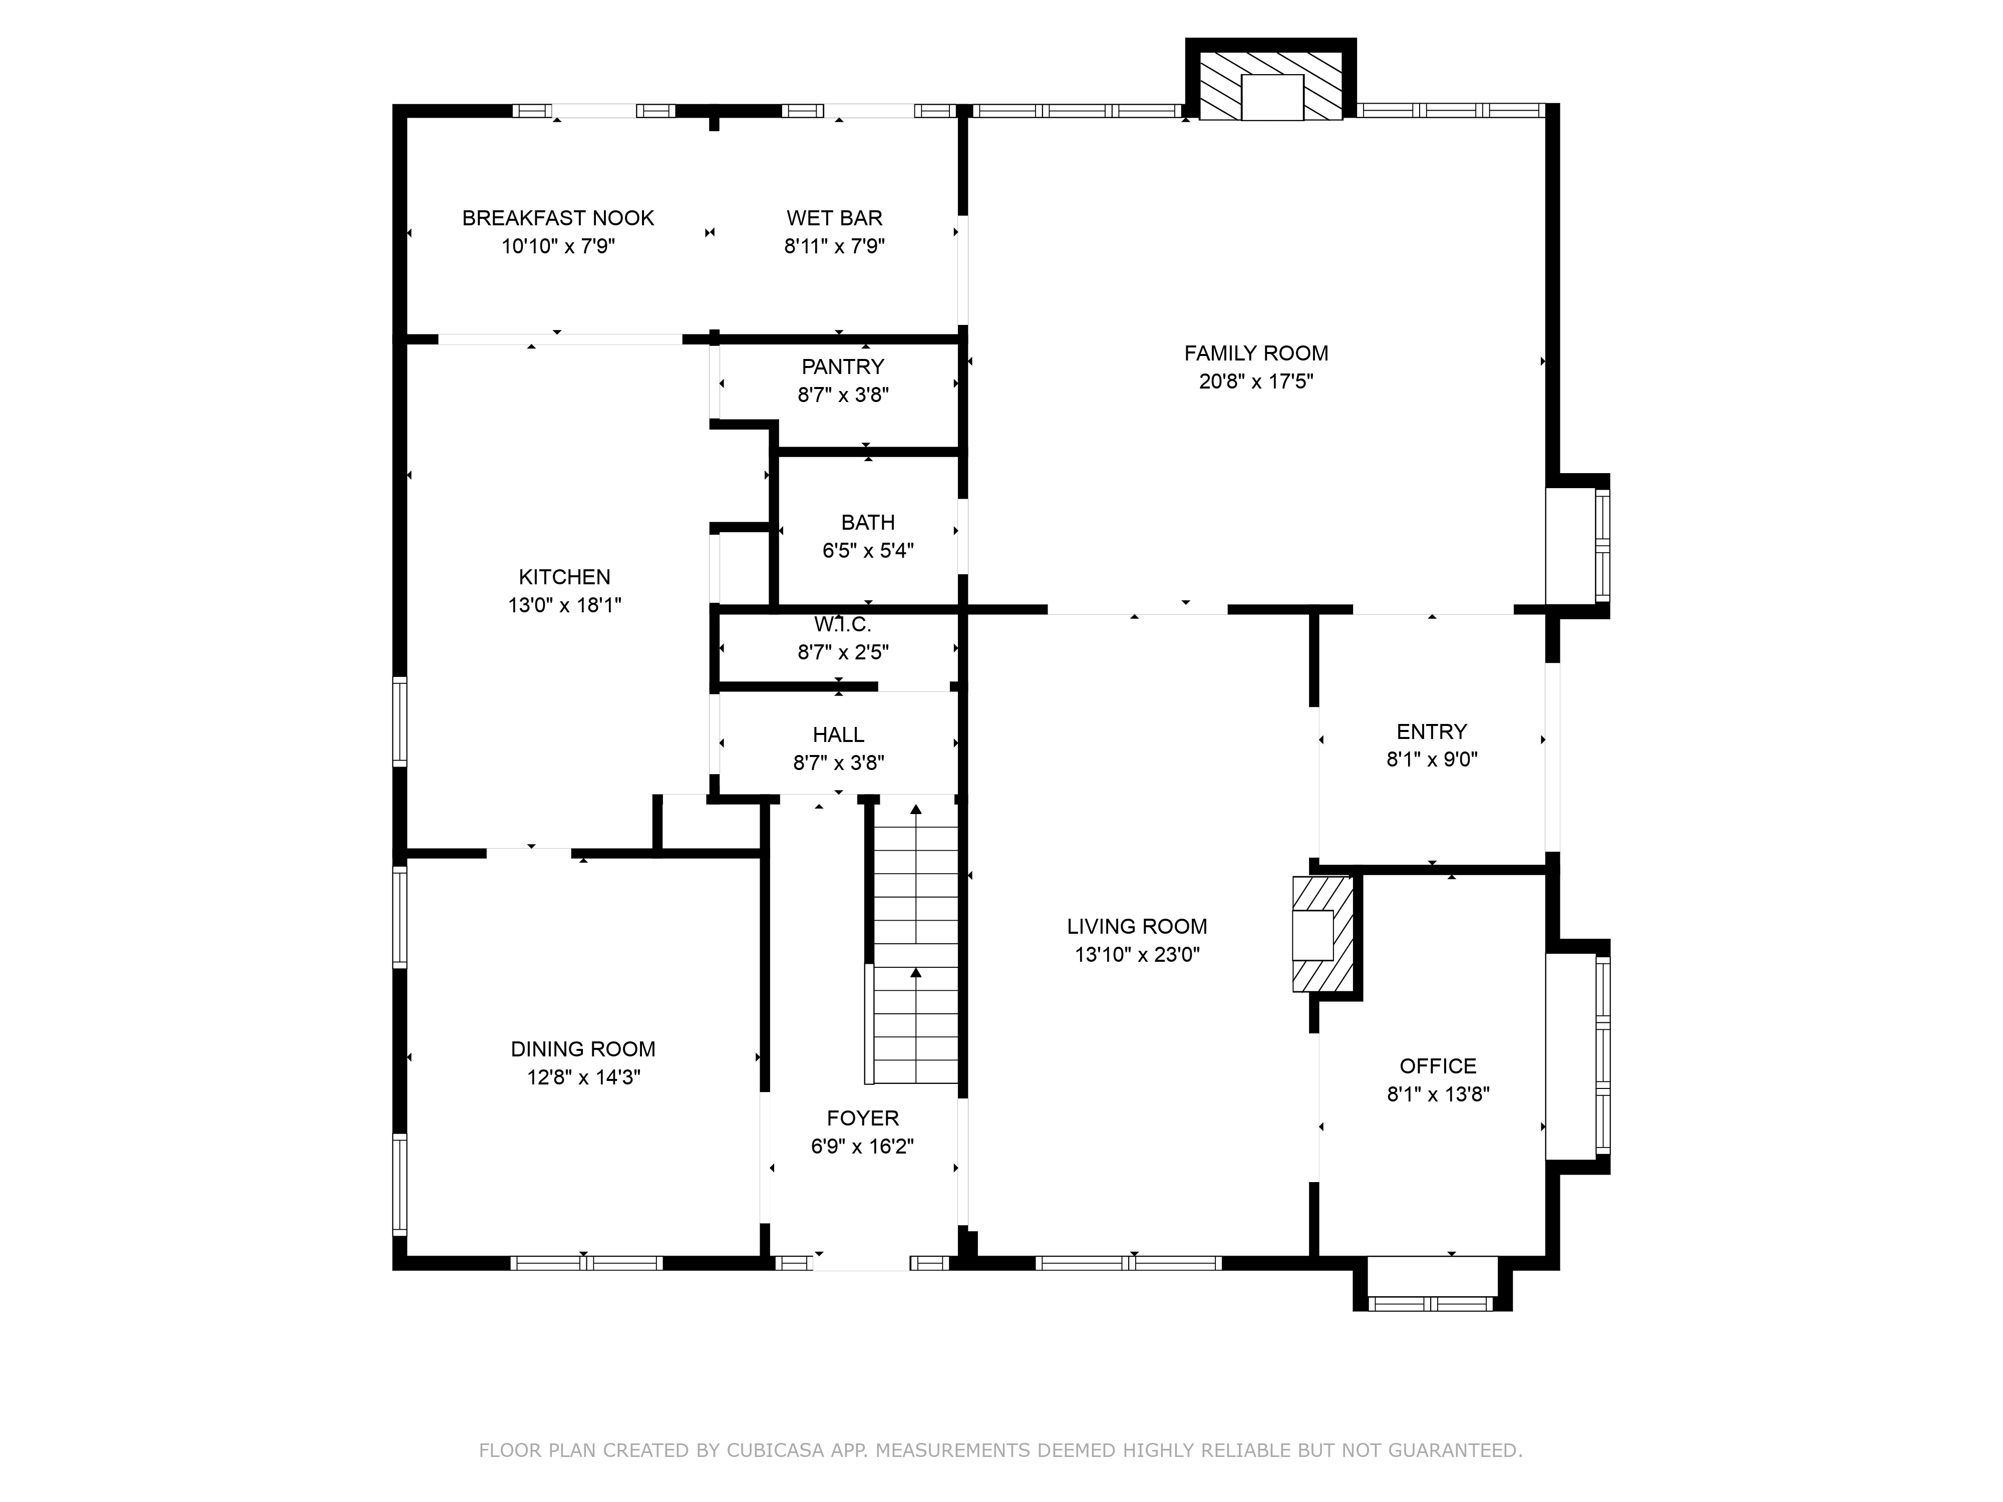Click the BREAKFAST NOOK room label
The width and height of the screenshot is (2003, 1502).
pos(558,218)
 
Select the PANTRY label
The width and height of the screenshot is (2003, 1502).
pos(842,366)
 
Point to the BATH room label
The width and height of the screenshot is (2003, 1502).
pos(867,522)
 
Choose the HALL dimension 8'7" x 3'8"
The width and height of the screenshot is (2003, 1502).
pos(839,763)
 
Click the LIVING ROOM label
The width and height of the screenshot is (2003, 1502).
pos(1136,926)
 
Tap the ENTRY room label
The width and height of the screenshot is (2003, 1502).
pos(1431,731)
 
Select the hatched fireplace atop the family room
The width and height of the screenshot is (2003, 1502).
pos(1270,86)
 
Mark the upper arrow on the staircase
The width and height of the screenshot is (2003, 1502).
pos(915,810)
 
